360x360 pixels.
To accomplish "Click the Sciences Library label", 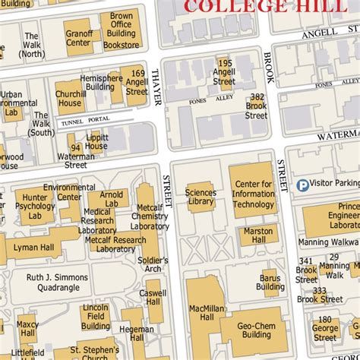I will tap(201, 197).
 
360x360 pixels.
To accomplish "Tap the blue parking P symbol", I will tap(302, 184).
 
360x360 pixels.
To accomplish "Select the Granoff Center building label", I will tap(78, 38).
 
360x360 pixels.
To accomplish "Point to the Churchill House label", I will tap(70, 99).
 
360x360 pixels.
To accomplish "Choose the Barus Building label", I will tap(271, 283).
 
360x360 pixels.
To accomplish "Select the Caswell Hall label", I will tap(156, 297).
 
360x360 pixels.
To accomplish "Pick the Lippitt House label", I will tap(96, 141).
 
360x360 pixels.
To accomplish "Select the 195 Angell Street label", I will tap(224, 74).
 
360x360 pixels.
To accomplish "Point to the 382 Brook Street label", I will tap(256, 106).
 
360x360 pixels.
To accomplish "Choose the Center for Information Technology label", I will tap(253, 194).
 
